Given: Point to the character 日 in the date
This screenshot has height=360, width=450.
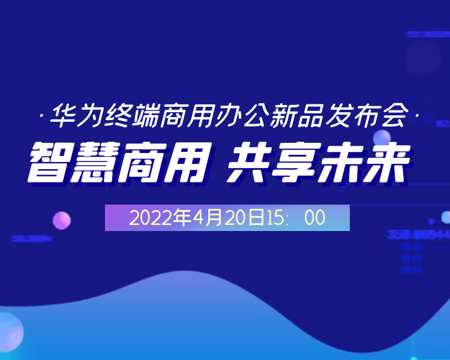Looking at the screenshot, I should pos(257,218).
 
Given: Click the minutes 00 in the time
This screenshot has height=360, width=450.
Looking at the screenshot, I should pos(314,218).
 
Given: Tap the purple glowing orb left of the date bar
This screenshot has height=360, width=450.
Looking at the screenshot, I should pos(61,220).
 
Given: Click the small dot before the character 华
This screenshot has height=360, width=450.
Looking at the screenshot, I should pos(40,114).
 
